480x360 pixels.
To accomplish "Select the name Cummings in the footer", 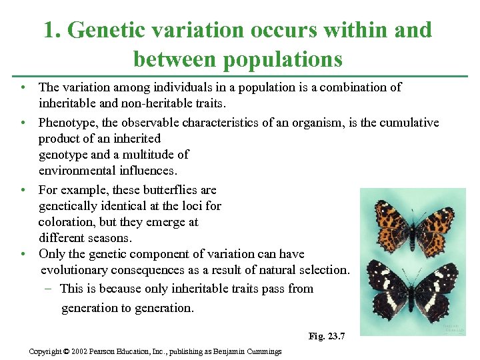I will coord(262,351).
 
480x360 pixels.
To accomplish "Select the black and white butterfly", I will coord(413,289).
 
